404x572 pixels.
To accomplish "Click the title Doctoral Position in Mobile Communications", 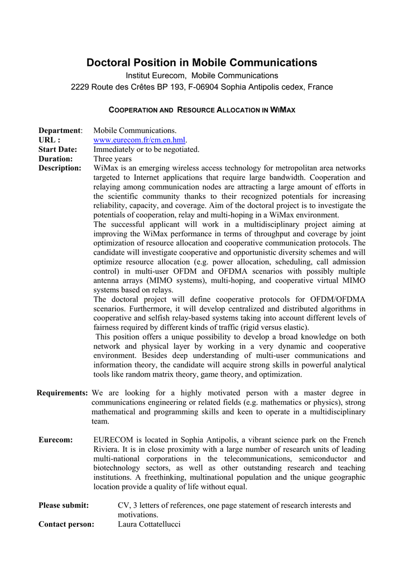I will click(x=201, y=63).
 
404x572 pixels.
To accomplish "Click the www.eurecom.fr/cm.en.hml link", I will click(x=139, y=140).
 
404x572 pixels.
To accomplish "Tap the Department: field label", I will click(x=60, y=130).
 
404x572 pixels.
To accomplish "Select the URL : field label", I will click(x=49, y=140).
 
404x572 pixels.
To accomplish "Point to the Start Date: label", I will click(x=57, y=149).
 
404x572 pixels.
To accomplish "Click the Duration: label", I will click(x=56, y=159).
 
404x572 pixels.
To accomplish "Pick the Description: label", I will click(x=60, y=168).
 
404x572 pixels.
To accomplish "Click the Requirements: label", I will click(x=62, y=393).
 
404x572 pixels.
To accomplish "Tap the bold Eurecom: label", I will click(x=56, y=440).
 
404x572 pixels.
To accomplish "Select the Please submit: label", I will click(x=64, y=505).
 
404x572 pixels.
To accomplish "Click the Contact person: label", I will click(x=66, y=524).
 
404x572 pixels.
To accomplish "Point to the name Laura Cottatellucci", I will click(x=150, y=524).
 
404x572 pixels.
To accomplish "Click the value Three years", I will click(x=113, y=159).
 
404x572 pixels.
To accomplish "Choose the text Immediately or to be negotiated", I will click(x=146, y=149).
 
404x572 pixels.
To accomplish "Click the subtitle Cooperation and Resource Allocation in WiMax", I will click(x=201, y=110).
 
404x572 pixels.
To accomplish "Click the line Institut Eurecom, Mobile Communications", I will click(x=201, y=75).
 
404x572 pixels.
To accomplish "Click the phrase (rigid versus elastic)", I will click(x=270, y=327).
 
